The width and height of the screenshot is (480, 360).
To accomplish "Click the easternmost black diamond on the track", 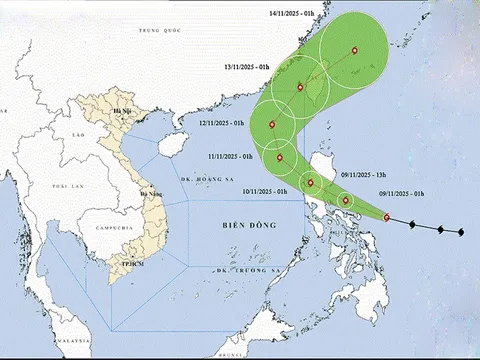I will [x=461, y=233].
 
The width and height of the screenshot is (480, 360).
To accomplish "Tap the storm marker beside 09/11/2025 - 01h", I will [x=387, y=217].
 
